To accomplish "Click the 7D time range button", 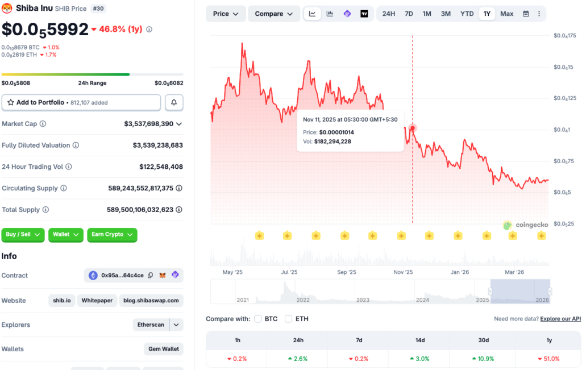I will pos(409,14).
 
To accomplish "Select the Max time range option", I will pos(506,14).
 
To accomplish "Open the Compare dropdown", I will pos(274,14).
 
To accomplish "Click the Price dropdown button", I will pos(226,14).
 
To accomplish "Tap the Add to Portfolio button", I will pos(81,102).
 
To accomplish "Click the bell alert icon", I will pos(174,102).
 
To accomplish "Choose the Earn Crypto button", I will pos(112,235).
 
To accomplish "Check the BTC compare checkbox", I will pos(258,319).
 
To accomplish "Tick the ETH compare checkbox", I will pos(289,319).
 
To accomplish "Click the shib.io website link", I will pos(63,301).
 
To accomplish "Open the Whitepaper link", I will pos(97,301).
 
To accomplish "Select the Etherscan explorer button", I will pos(151,325).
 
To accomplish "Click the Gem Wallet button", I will pos(164,349).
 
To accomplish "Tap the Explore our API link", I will pos(560,319).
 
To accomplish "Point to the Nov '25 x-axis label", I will pos(404,272).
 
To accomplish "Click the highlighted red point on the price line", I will pos(413,128).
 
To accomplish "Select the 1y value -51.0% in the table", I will pos(548,359).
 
